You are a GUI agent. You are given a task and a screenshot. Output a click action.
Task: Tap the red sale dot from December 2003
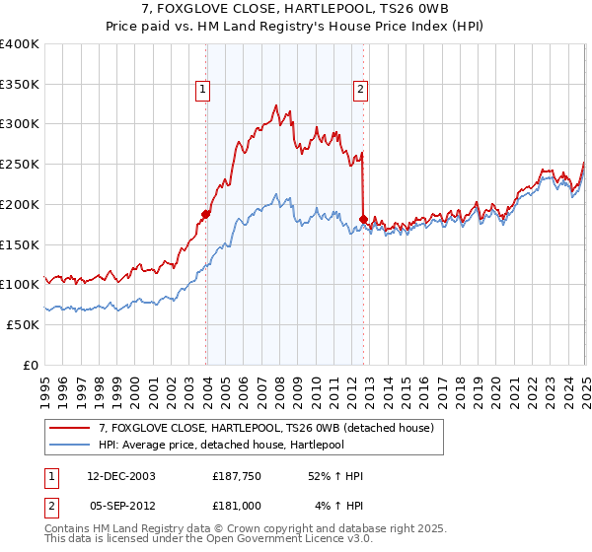(x=206, y=214)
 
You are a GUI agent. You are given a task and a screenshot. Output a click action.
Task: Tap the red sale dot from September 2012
(x=363, y=219)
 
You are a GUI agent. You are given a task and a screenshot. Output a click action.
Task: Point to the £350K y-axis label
(x=20, y=85)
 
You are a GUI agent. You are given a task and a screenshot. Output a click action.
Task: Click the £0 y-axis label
(x=31, y=365)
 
